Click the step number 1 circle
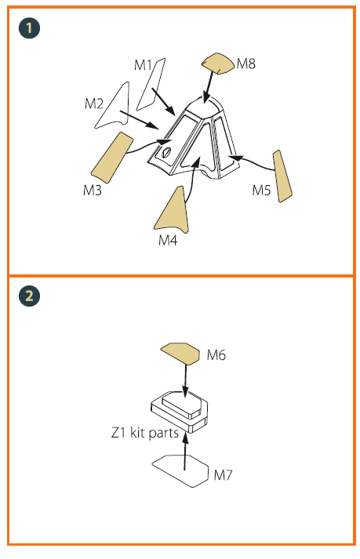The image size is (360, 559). pos(29,28)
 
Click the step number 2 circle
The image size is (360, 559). pos(29,296)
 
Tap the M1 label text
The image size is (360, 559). pos(144,65)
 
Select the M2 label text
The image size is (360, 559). pos(94,103)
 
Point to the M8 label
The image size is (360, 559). pos(246,64)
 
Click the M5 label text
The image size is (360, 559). pos(261,190)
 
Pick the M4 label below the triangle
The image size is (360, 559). pos(168,241)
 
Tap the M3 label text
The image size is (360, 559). pos(93,190)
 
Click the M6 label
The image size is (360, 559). pos(216,355)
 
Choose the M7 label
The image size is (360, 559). pos(223,475)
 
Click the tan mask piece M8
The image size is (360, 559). pos(218,64)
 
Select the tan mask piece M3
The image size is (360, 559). pos(112,158)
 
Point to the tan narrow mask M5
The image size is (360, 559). pos(282,176)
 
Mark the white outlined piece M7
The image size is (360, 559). pos(180,471)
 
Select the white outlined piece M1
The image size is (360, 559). pos(151,85)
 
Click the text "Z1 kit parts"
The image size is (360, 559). pos(145,433)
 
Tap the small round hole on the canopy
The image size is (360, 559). pos(166,152)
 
